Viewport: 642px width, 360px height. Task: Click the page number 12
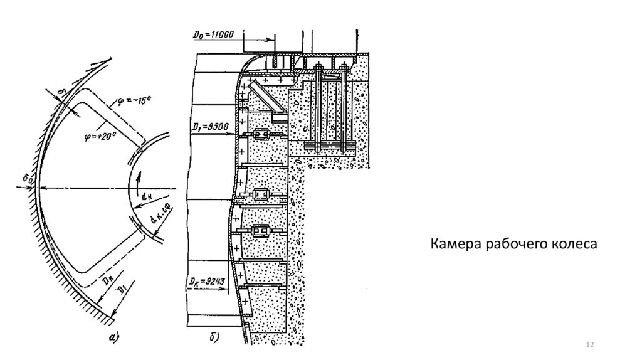pyautogui.click(x=589, y=346)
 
